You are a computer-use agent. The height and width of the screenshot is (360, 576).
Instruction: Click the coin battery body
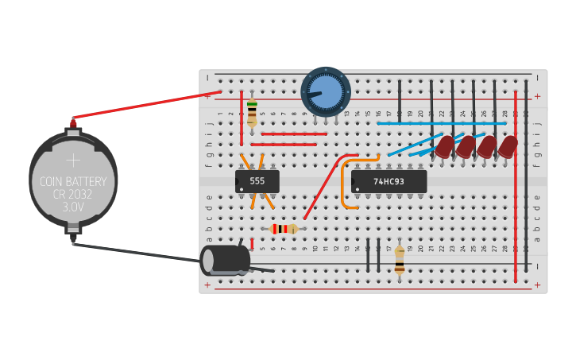[x=73, y=179]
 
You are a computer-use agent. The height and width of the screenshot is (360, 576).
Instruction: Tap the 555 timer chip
[x=257, y=181]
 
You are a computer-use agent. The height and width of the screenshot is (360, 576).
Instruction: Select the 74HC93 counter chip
[x=389, y=181]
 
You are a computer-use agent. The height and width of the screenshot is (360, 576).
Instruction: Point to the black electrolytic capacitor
[x=224, y=260]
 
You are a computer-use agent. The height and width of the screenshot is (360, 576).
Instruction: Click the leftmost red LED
[x=444, y=146]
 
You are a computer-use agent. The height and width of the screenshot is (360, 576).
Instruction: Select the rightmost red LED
[x=508, y=146]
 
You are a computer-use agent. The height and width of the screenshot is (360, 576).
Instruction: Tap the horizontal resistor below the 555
[x=284, y=229]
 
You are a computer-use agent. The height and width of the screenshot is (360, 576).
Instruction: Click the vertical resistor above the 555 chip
[x=252, y=113]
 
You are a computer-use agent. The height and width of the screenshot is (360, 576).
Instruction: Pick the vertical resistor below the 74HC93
[x=399, y=259]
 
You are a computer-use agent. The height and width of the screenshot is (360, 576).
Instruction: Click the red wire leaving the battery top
[x=147, y=106]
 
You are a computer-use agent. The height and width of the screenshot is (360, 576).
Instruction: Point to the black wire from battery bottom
[x=135, y=252]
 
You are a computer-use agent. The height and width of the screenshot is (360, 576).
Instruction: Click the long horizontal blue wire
[x=441, y=123]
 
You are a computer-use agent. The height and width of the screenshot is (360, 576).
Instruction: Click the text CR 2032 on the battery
[x=72, y=194]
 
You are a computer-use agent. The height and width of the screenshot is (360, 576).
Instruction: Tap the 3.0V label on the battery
[x=73, y=207]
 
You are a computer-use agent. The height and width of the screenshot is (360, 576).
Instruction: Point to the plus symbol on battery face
[x=73, y=160]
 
